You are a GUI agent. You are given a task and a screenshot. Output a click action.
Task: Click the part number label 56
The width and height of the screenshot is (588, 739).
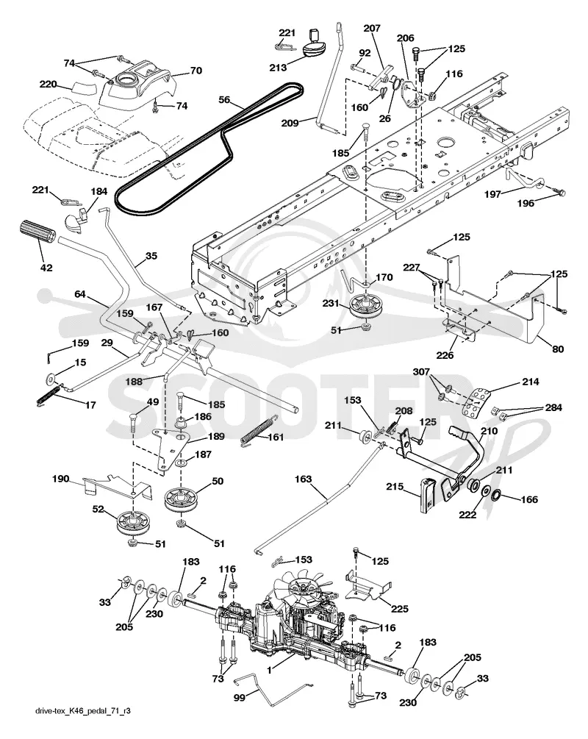(225, 99)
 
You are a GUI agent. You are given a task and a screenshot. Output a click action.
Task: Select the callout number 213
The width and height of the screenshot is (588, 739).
(278, 68)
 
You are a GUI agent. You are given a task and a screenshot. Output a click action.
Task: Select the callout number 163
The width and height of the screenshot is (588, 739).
(303, 479)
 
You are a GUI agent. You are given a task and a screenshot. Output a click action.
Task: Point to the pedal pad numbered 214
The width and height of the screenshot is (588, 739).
(476, 402)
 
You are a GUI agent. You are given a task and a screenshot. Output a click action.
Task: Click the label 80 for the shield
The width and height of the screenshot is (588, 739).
(557, 349)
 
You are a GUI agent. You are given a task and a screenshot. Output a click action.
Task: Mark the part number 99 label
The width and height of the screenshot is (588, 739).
(240, 697)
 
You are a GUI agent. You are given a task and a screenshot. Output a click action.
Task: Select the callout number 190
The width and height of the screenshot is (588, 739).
(61, 479)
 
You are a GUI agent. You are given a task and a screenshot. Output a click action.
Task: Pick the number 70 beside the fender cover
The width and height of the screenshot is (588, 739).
(196, 71)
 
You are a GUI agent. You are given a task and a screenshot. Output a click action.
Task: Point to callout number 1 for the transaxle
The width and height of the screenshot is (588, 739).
(269, 668)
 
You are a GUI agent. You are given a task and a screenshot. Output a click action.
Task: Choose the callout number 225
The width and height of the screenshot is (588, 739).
(400, 609)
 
